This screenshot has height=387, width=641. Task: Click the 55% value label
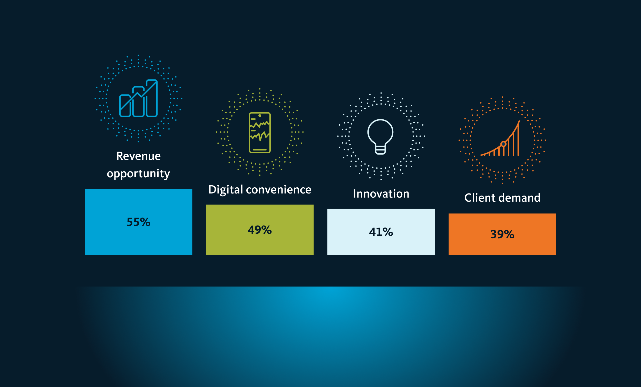pyautogui.click(x=138, y=222)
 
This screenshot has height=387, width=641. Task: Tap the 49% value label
pyautogui.click(x=260, y=230)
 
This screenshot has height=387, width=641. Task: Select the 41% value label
pyautogui.click(x=381, y=232)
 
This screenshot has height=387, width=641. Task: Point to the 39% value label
pyautogui.click(x=502, y=234)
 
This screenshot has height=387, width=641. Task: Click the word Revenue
pyautogui.click(x=138, y=156)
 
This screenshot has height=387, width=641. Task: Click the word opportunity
pyautogui.click(x=138, y=174)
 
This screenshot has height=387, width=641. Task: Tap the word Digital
pyautogui.click(x=226, y=190)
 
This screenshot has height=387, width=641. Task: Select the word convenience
pyautogui.click(x=279, y=190)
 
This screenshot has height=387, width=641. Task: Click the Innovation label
pyautogui.click(x=381, y=194)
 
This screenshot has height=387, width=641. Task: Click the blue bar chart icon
pyautogui.click(x=138, y=98)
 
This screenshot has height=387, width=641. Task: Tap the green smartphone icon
pyautogui.click(x=260, y=133)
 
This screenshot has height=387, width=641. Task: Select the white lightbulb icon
pyautogui.click(x=380, y=137)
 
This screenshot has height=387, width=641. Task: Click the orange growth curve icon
pyautogui.click(x=500, y=139)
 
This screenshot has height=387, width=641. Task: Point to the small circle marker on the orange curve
pyautogui.click(x=503, y=144)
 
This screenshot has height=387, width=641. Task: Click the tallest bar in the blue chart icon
pyautogui.click(x=152, y=98)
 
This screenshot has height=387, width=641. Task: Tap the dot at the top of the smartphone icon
pyautogui.click(x=260, y=116)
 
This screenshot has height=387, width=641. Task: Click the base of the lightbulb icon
pyautogui.click(x=380, y=150)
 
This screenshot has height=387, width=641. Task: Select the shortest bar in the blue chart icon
pyautogui.click(x=125, y=106)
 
